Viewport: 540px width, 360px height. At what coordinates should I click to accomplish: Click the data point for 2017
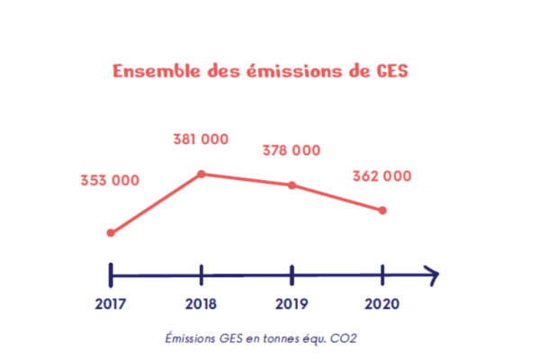point(111,233)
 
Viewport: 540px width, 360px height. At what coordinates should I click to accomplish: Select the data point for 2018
point(201,174)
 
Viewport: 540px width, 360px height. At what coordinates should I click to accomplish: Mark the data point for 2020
point(382,211)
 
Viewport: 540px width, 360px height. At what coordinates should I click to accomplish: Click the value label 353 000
point(109,181)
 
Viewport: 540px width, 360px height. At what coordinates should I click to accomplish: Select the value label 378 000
point(291,150)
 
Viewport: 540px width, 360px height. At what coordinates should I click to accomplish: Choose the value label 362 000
point(382,176)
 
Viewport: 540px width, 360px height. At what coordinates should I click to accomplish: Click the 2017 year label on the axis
point(110,303)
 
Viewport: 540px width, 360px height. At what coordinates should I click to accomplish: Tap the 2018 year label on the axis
point(201,303)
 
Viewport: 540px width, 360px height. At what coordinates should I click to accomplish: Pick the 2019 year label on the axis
point(292,303)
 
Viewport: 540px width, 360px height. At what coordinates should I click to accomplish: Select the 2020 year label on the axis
point(382,303)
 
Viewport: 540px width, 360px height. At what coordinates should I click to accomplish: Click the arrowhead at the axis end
point(432,274)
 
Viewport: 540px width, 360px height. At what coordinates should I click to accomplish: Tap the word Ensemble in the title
point(152,71)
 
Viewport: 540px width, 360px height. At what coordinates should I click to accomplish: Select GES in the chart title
point(391,71)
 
